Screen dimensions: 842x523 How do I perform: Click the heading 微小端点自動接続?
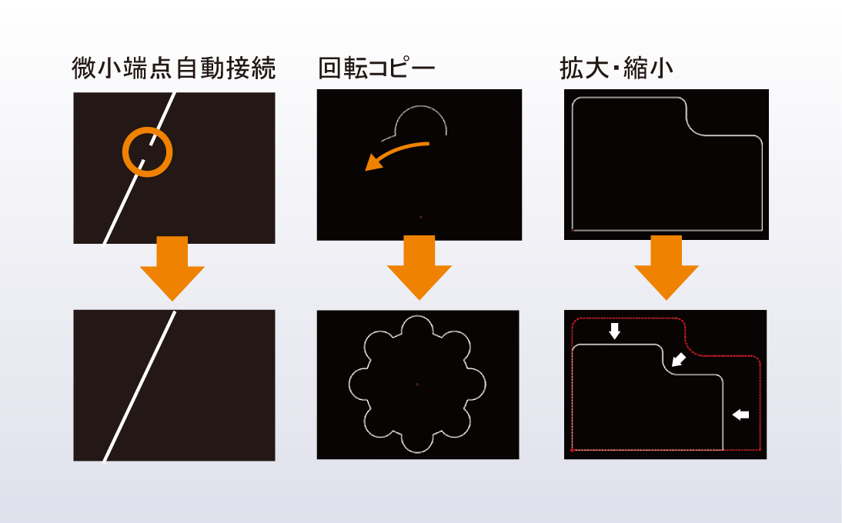point(173,68)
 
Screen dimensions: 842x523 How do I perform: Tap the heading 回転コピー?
point(376,68)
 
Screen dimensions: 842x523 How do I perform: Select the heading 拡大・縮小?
point(616,68)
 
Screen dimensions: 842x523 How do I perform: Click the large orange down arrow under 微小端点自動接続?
point(172,268)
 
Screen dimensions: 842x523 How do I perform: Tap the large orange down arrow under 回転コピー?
point(419,268)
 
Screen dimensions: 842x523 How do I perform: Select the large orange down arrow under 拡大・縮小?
point(666,268)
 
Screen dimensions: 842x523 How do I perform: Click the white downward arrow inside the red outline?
point(615,331)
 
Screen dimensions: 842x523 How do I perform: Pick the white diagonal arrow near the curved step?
point(679,359)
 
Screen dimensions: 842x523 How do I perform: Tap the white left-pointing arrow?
point(740,414)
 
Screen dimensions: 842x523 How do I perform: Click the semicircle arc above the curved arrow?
point(421,107)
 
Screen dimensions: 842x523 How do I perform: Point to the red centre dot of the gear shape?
point(417,384)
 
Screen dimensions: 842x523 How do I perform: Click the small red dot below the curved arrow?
point(420,217)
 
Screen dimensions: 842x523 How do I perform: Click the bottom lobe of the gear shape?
point(417,453)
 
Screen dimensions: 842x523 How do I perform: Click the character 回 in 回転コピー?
point(329,68)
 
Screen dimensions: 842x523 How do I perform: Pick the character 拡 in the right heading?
point(571,68)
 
